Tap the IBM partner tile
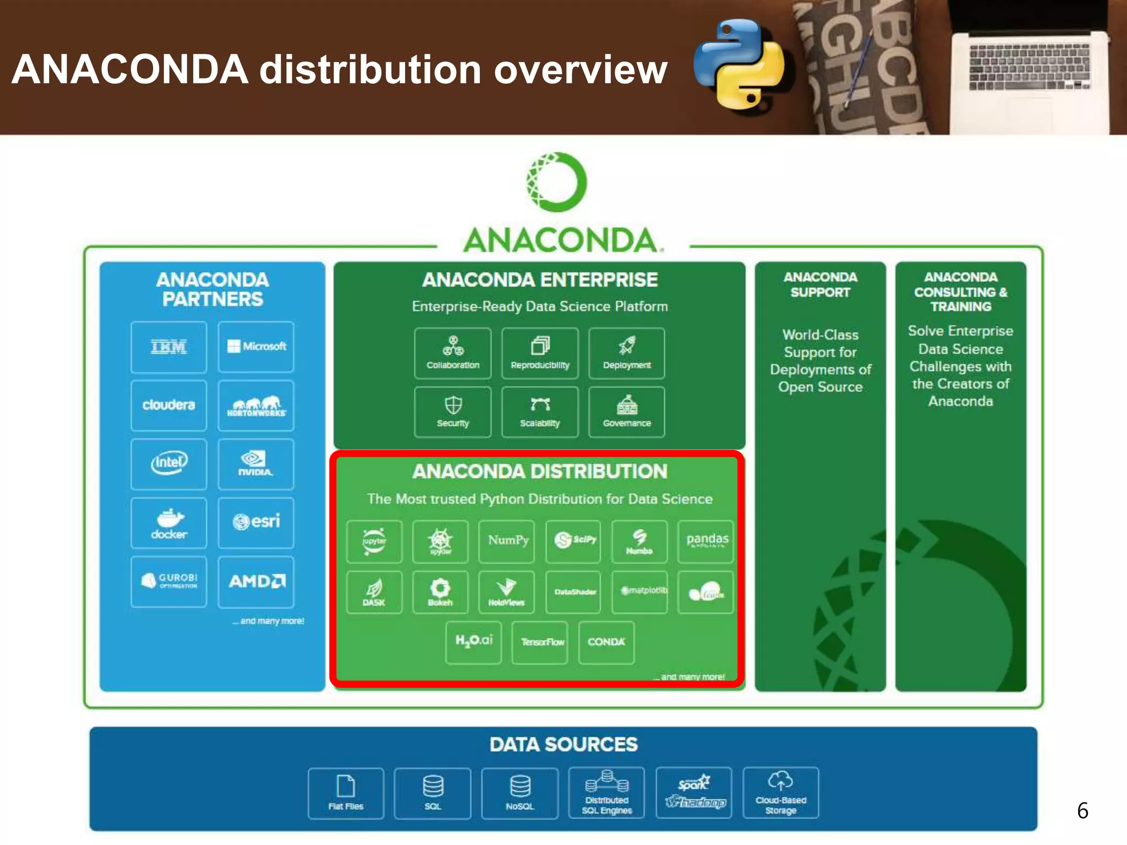169,347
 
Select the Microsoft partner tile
256,347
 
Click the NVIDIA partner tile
256,464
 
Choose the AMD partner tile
256,581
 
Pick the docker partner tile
169,523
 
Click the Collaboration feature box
453,353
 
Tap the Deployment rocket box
627,353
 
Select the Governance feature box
627,412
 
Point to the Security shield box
453,412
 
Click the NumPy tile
507,541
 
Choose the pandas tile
706,541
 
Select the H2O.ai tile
474,642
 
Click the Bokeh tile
440,592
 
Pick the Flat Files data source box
346,793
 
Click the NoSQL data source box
520,793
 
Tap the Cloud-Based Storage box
781,793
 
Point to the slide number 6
1082,810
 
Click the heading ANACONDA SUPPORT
820,284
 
